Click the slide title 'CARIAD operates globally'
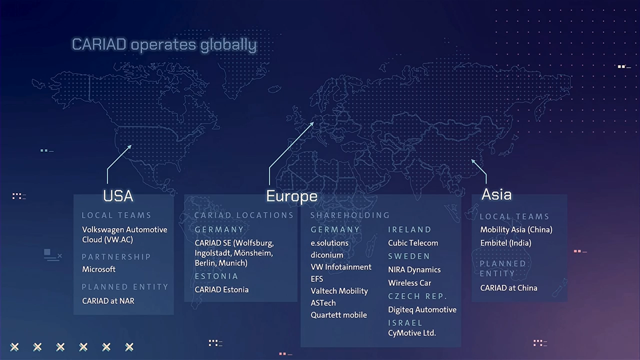[x=164, y=45]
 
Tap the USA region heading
[x=118, y=196]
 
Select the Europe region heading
[x=292, y=196]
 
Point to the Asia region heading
[x=496, y=194]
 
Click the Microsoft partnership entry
[x=99, y=269]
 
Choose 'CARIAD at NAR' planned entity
[x=108, y=301]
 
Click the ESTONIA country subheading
[x=216, y=276]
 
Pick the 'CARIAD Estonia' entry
[x=221, y=289]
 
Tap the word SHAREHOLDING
[x=350, y=215]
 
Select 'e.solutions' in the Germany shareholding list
[x=329, y=243]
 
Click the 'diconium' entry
[x=327, y=255]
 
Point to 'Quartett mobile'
[x=339, y=315]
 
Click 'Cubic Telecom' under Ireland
[x=413, y=243]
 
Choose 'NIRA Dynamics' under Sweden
[x=414, y=269]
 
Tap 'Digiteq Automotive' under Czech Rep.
[x=422, y=309]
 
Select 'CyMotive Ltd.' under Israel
[x=412, y=333]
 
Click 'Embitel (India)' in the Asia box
[x=506, y=243]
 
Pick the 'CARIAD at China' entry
[x=509, y=288]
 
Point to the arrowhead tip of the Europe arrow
[x=314, y=122]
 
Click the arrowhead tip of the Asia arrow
[x=471, y=160]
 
